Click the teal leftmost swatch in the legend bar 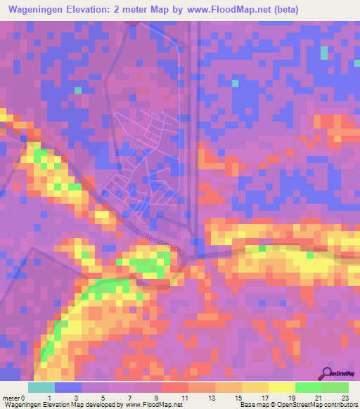[x=41, y=387]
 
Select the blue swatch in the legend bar [x=68, y=387]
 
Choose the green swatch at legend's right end [x=335, y=387]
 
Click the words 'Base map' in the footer [x=254, y=405]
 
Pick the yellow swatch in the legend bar [x=281, y=387]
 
